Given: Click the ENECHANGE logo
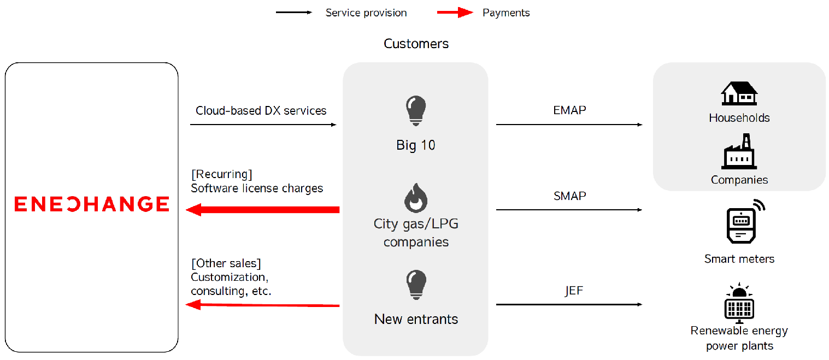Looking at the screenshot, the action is point(92,204).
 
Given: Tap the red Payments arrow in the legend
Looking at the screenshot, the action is point(455,13).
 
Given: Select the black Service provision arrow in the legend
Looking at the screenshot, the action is point(294,13).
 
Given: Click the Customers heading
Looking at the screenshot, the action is point(416,44).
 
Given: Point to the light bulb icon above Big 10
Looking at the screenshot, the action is point(416,111).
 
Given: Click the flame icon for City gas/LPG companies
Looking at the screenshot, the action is point(416,198).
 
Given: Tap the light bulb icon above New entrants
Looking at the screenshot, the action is point(416,285).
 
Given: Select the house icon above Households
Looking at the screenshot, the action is point(739,93).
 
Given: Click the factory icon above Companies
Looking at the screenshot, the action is point(739,151).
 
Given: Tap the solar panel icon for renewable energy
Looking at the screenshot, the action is point(739,303).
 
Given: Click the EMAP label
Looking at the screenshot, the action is point(569,110).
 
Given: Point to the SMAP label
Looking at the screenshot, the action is point(569,196).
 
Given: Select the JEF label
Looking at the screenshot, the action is point(574,291).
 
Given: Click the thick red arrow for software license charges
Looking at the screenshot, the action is point(263,210).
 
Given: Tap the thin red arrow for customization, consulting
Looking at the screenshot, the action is point(263,305).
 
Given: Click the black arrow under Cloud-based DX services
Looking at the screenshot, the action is point(263,125).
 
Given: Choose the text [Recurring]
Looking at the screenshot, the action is point(222,174).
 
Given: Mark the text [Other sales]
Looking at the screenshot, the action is point(226,263).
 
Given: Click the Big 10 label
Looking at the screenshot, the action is point(416,145).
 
